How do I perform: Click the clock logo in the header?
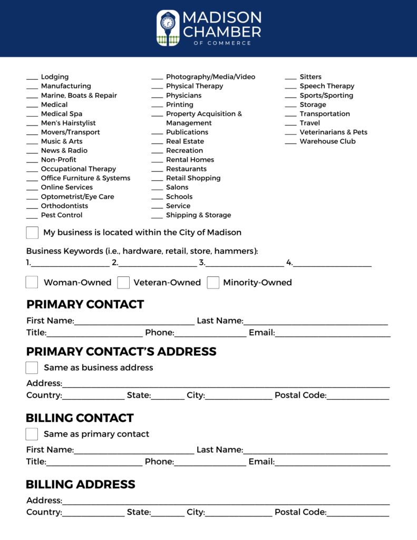coord(168,28)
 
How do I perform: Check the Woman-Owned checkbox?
coord(32,282)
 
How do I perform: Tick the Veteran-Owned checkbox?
coord(123,283)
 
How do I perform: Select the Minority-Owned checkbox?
coord(213,283)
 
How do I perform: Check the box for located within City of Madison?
coord(32,233)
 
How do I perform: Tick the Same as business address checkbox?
coord(32,368)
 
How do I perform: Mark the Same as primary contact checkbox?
coord(32,434)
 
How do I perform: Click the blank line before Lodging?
coord(32,78)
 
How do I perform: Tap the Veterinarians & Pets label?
coord(333,132)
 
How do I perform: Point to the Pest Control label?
coord(62,215)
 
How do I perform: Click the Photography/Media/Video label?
coord(210,77)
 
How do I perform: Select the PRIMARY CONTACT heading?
coord(85,304)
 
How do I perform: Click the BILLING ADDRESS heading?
coord(81,484)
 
